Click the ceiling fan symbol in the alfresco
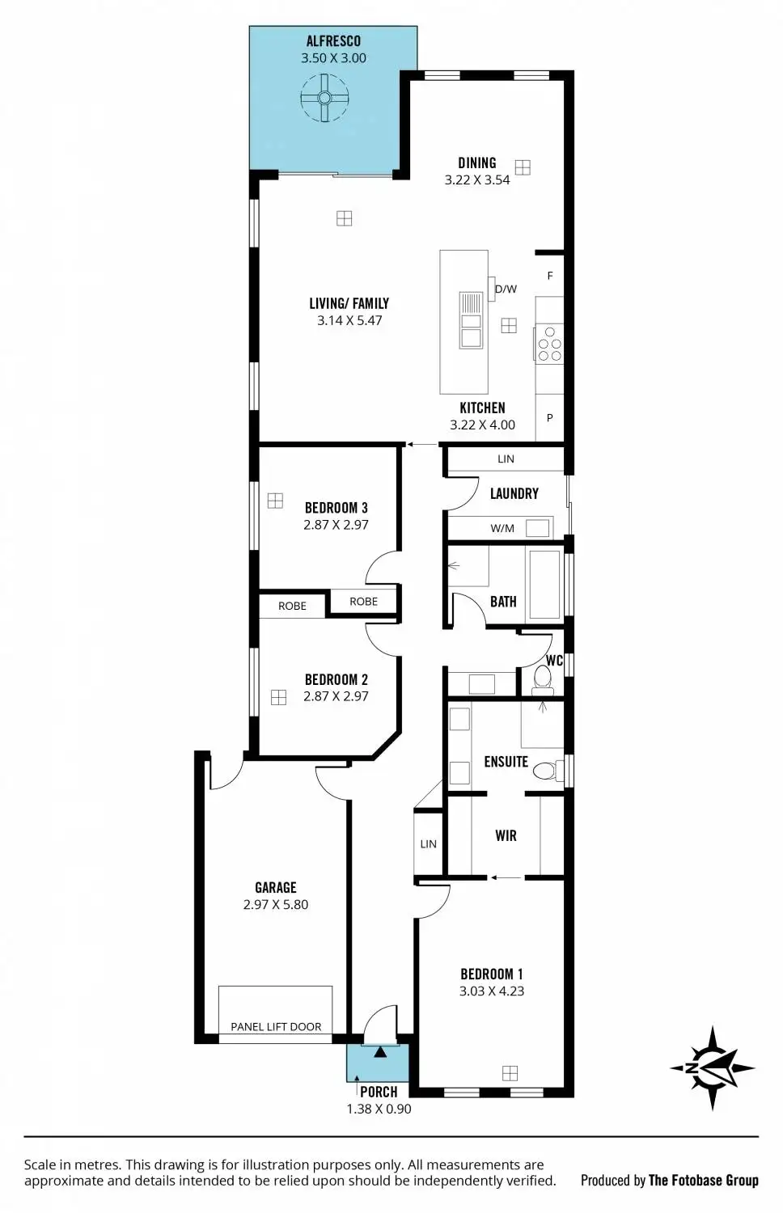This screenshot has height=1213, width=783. (x=324, y=98)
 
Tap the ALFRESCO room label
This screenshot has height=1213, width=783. (x=333, y=41)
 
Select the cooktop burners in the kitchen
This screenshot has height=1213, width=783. (x=550, y=344)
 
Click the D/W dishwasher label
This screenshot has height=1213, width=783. (x=506, y=290)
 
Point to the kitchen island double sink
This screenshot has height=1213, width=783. (x=470, y=320)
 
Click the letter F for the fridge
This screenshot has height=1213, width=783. (x=550, y=277)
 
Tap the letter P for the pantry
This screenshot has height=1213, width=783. (x=550, y=418)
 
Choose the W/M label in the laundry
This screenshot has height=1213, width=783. (x=502, y=529)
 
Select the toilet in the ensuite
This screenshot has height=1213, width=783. (x=546, y=770)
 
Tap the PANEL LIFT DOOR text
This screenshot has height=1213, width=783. (x=276, y=1027)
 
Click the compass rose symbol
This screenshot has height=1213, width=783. (x=713, y=1068)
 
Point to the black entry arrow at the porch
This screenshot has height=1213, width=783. (x=379, y=1052)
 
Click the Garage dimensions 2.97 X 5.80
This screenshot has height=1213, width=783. (x=276, y=905)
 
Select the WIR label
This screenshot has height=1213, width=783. (x=506, y=836)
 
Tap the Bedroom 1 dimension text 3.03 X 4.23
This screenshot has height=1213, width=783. (x=492, y=991)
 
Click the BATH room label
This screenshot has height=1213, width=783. (x=503, y=602)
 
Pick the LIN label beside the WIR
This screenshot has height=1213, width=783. (x=428, y=844)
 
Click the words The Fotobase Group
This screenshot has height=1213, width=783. (x=704, y=1181)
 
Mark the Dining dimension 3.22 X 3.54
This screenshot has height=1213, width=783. (x=477, y=180)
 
